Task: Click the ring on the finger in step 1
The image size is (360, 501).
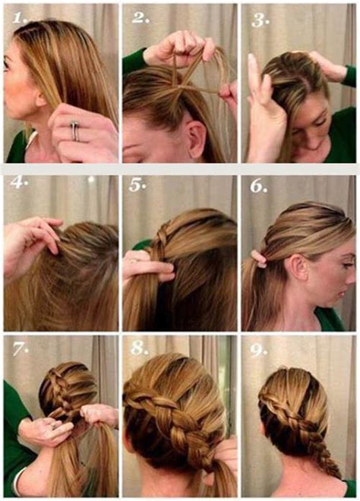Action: [74, 130]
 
